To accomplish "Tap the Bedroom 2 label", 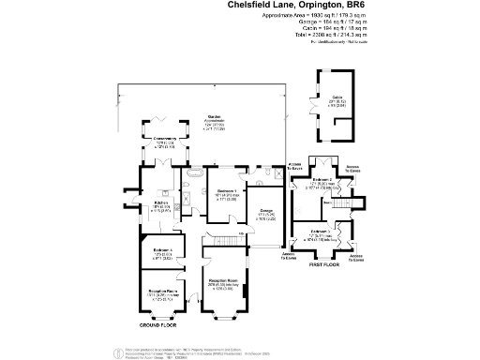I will pyautogui.click(x=321, y=179).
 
